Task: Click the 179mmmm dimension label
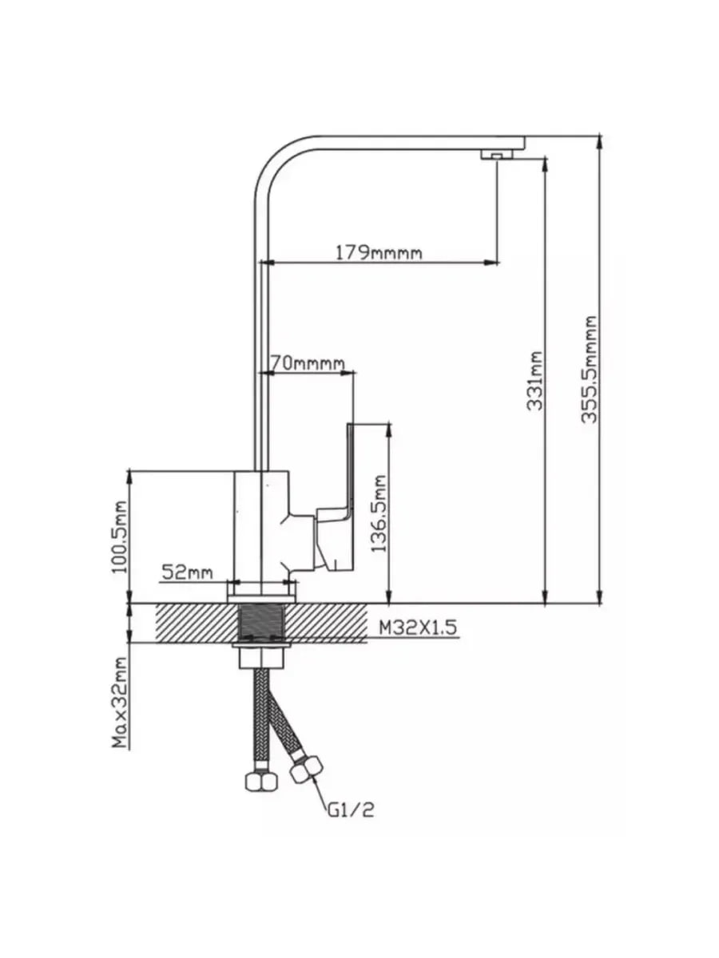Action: pos(379,253)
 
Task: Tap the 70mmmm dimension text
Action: pos(308,362)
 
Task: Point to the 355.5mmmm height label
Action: pos(589,370)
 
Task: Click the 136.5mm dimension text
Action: pos(379,513)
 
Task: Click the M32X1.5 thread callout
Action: pos(418,627)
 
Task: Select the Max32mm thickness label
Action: pos(120,703)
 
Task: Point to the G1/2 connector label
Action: pos(351,810)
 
